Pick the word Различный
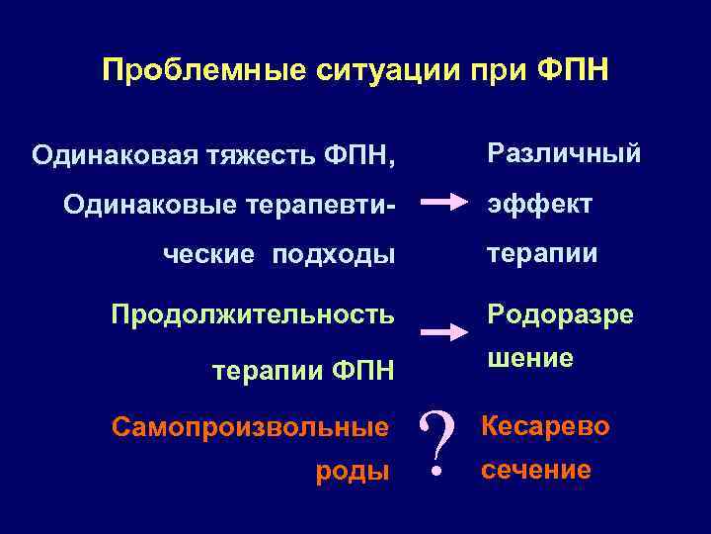pyautogui.click(x=562, y=153)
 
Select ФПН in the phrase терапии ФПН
pyautogui.click(x=362, y=371)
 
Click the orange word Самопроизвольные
pyautogui.click(x=250, y=428)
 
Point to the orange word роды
pyautogui.click(x=352, y=472)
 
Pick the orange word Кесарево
pyautogui.click(x=545, y=427)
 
